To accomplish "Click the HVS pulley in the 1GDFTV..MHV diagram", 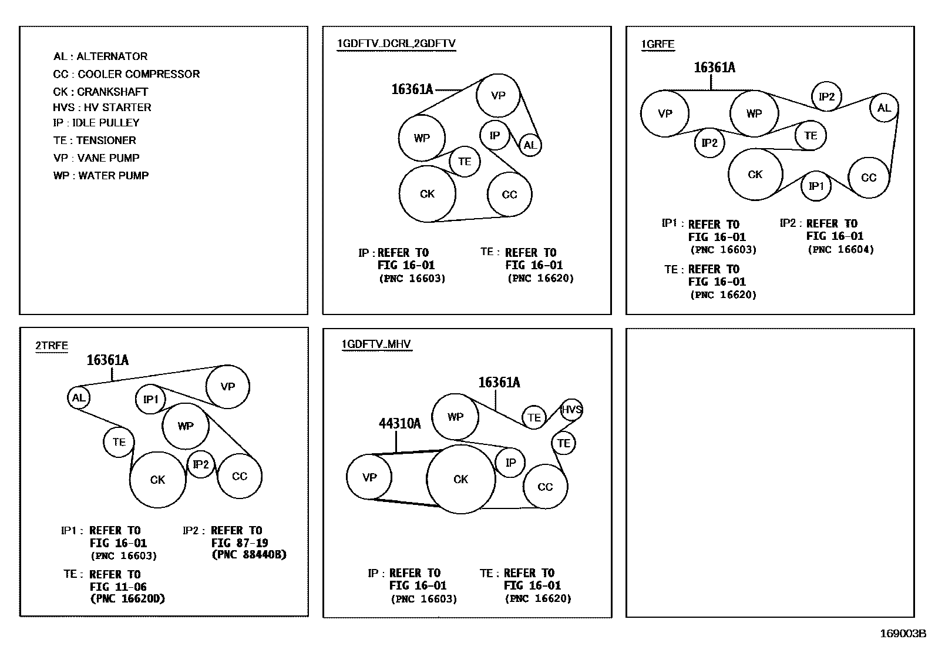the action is [x=571, y=410].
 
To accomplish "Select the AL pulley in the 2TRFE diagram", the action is [x=79, y=398].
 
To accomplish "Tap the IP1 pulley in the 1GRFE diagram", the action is [x=816, y=186].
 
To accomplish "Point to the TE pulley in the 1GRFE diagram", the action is [x=811, y=136].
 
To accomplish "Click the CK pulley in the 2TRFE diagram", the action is [x=157, y=480].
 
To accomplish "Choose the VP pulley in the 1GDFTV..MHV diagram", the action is [x=369, y=477].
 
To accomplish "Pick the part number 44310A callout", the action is [x=399, y=424].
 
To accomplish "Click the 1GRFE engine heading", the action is [x=657, y=44].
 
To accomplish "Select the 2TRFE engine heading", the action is [x=52, y=346].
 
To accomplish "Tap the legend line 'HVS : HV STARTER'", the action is [x=102, y=108].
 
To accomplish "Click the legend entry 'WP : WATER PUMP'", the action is [x=100, y=176].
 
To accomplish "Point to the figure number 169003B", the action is [x=902, y=634].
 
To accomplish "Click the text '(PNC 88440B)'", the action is [x=249, y=555].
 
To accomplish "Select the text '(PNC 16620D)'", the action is [x=127, y=599].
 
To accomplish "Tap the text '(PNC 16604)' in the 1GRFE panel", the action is [x=840, y=250].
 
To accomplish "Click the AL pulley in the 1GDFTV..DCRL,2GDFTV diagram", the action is [x=530, y=145].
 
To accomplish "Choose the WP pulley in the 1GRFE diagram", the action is [x=754, y=113].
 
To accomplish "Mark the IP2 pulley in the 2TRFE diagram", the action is [x=201, y=465].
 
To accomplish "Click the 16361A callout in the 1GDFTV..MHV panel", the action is [x=499, y=383].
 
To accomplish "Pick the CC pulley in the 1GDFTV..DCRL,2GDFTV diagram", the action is [x=509, y=195].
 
